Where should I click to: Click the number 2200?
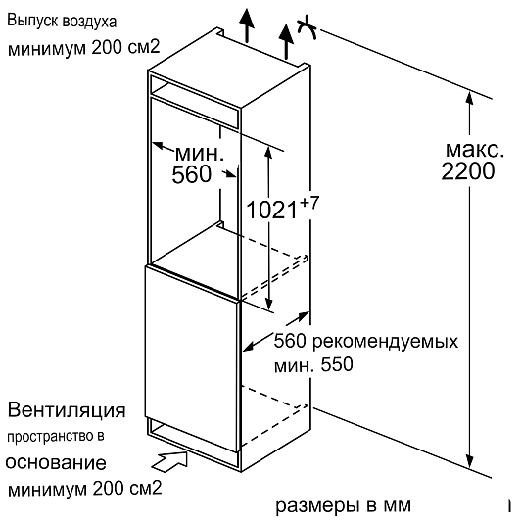click(x=468, y=171)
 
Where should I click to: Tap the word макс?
click(x=474, y=149)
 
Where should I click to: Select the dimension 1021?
click(x=271, y=210)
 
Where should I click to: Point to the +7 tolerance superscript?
click(x=309, y=202)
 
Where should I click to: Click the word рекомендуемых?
click(x=385, y=342)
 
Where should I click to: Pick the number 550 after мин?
click(x=337, y=364)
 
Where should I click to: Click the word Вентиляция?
click(x=67, y=410)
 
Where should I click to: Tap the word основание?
click(x=56, y=462)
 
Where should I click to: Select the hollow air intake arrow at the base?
click(x=170, y=461)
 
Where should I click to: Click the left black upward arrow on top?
click(x=247, y=24)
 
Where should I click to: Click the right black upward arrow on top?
click(x=286, y=40)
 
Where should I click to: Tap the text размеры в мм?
click(x=343, y=505)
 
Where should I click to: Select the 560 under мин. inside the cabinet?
click(x=191, y=174)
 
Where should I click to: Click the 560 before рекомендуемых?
click(x=290, y=341)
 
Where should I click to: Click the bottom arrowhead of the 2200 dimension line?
click(x=469, y=461)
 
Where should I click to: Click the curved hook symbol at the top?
click(x=307, y=28)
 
